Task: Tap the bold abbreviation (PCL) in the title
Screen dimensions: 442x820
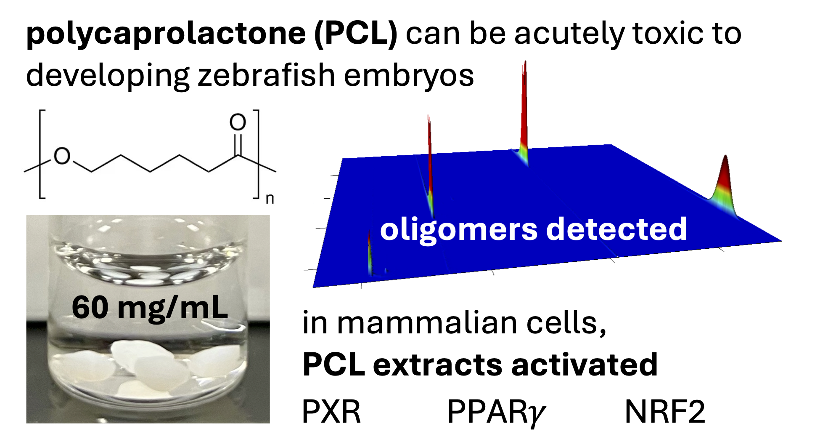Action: pyautogui.click(x=355, y=34)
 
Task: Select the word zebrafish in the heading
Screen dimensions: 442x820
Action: pyautogui.click(x=266, y=76)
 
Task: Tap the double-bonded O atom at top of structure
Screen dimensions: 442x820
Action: pyautogui.click(x=238, y=122)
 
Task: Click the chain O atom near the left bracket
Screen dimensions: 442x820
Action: pyautogui.click(x=62, y=156)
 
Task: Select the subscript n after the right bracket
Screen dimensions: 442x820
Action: pyautogui.click(x=270, y=199)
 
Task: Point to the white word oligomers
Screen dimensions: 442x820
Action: pyautogui.click(x=458, y=230)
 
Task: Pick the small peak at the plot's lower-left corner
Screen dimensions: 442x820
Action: pyautogui.click(x=370, y=253)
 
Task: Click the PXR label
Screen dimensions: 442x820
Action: pyautogui.click(x=331, y=411)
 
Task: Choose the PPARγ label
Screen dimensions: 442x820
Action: pyautogui.click(x=496, y=412)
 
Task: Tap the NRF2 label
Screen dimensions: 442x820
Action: pyautogui.click(x=664, y=411)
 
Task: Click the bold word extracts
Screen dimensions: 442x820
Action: pyautogui.click(x=437, y=365)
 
